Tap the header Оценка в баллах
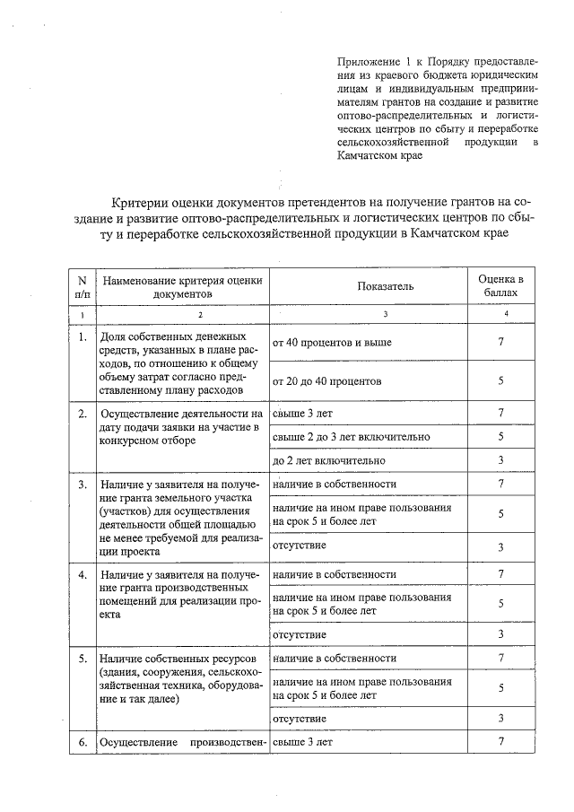(500, 286)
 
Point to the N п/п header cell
(82, 286)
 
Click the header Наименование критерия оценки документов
(182, 286)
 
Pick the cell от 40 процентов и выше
(332, 343)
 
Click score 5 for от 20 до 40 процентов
(500, 381)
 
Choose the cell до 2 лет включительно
(328, 460)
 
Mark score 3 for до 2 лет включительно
(500, 460)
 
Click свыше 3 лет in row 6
(302, 742)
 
